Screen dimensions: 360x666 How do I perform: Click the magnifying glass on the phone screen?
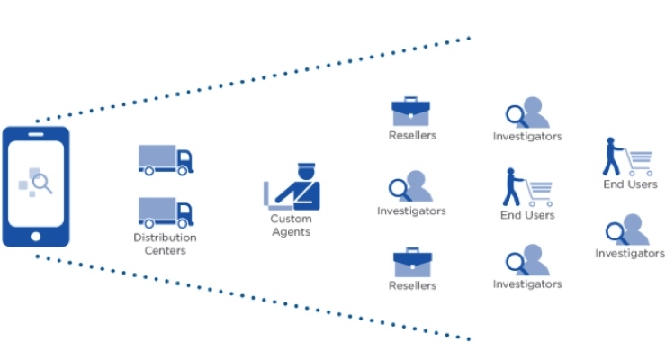41,184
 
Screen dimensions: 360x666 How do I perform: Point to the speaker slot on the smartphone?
36,135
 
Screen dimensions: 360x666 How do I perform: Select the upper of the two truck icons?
166,159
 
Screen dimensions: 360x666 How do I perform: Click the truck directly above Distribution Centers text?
166,212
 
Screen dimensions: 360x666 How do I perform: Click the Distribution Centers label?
166,244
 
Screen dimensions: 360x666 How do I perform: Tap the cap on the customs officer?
305,166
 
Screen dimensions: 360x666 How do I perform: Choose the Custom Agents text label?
291,225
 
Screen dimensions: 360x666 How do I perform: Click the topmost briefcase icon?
412,112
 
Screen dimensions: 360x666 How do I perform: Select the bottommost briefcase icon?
412,263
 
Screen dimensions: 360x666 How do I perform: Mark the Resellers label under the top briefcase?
412,136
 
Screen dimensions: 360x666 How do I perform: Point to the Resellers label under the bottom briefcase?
412,286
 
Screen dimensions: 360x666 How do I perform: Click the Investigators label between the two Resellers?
411,211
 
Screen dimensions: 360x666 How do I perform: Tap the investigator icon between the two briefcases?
410,186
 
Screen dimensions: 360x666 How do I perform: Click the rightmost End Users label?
630,185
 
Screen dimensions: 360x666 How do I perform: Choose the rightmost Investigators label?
630,254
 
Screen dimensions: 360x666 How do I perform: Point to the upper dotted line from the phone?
252,78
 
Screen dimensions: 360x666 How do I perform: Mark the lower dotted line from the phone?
252,298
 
